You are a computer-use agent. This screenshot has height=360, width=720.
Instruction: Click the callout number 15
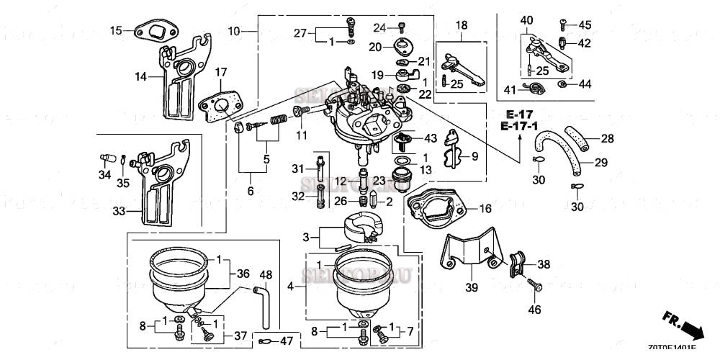116,30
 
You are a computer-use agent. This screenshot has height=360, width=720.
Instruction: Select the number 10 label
233,31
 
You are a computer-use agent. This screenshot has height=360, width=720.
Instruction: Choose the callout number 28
607,138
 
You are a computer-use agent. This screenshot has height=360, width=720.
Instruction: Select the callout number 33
117,212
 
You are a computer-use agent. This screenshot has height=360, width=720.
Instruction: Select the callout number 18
461,25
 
